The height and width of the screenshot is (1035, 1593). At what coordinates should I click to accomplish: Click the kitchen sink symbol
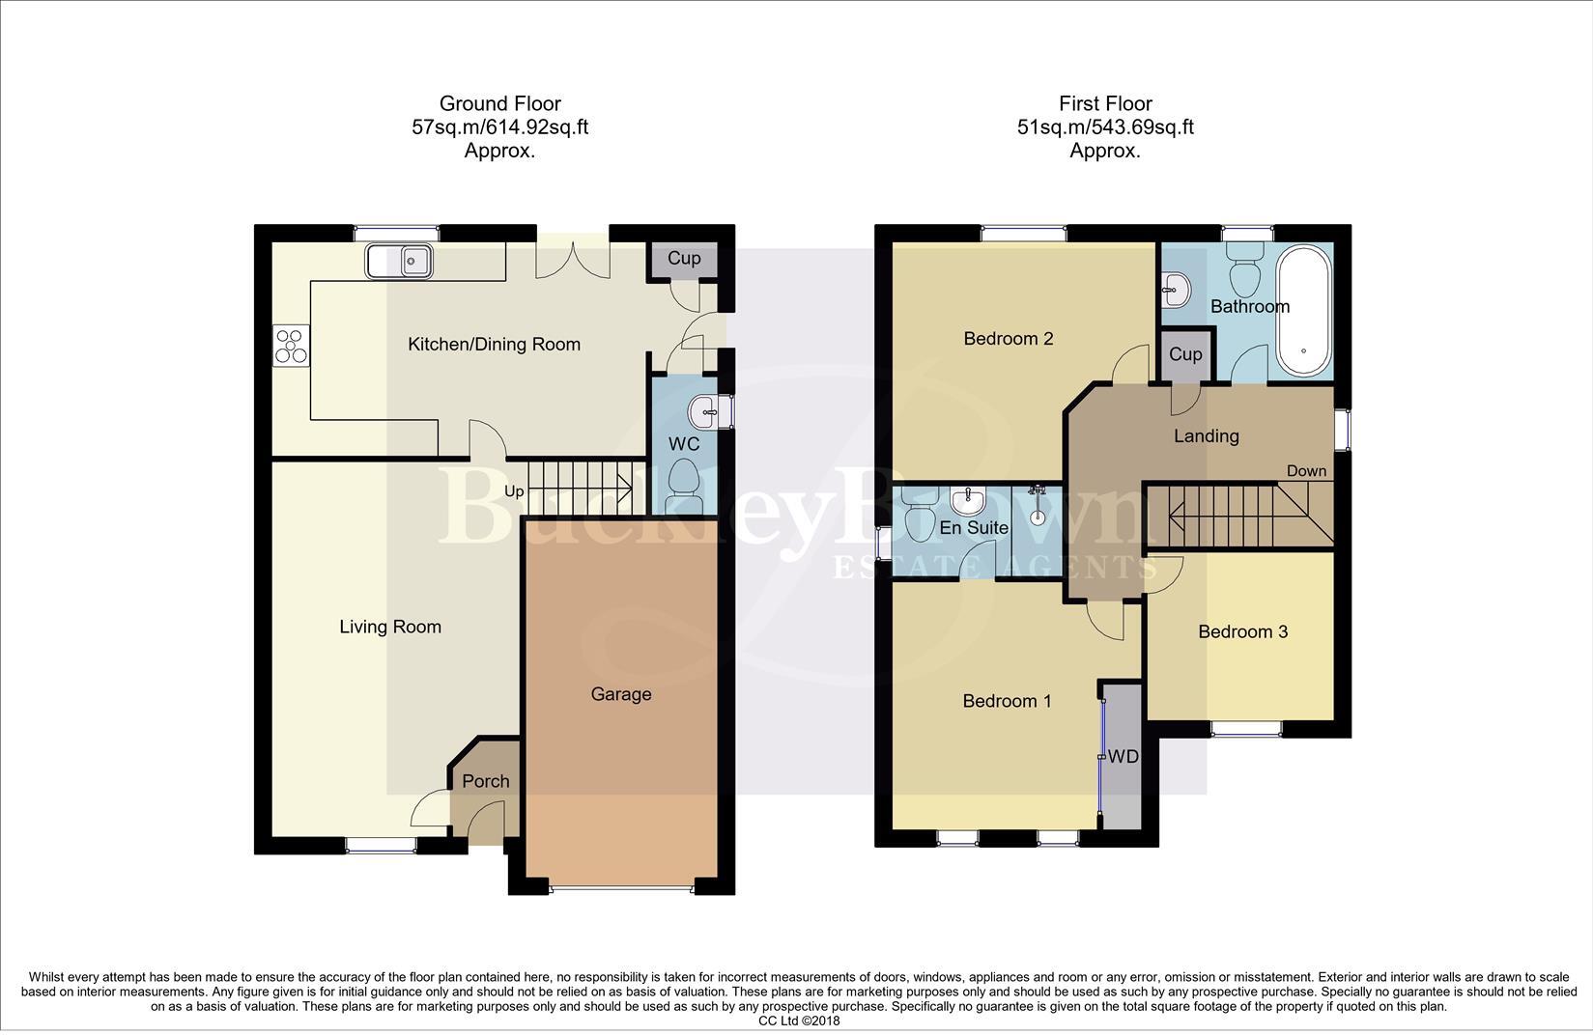399,260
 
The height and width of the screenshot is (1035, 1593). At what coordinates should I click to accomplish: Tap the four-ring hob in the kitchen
291,347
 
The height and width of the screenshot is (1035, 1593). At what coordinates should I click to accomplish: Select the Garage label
621,694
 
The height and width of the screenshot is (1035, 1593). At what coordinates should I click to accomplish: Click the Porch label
485,781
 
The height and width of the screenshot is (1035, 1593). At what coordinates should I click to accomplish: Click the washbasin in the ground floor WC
704,413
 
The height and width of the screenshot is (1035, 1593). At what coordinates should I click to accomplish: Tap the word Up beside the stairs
514,491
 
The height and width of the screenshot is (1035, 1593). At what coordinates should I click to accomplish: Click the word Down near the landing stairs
1306,471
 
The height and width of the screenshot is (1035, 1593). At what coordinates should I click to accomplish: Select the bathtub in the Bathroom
1304,310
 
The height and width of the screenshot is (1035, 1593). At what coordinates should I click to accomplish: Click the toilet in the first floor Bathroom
1244,270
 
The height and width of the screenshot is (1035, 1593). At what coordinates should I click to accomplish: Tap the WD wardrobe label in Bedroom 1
1123,757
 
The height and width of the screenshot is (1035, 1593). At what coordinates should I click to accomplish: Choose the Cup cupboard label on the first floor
1185,354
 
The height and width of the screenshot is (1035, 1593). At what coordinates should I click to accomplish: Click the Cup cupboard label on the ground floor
684,258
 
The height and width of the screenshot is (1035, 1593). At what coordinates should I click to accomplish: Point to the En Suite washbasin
967,501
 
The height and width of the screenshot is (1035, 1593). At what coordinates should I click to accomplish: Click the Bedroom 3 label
1242,631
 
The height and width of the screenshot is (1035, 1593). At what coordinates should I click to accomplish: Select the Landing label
1206,436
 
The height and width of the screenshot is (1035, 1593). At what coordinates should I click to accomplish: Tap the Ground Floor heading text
499,103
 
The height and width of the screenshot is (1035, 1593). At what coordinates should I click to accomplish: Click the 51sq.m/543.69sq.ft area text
1105,127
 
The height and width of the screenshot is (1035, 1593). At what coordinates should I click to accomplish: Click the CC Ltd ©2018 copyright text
799,1021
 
